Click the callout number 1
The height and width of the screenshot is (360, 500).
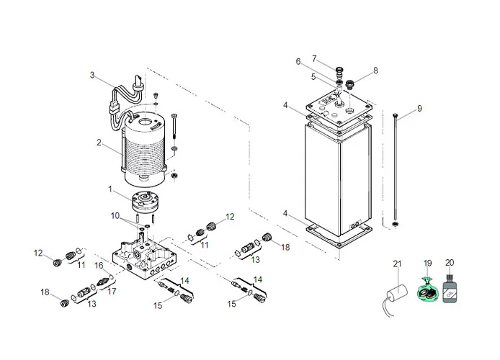tap(110, 189)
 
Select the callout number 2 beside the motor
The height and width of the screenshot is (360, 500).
tap(99, 143)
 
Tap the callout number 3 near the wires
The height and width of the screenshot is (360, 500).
tap(92, 75)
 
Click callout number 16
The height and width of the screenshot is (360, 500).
tap(100, 266)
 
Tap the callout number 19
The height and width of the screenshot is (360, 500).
tap(427, 264)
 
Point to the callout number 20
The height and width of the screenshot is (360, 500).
tap(450, 264)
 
